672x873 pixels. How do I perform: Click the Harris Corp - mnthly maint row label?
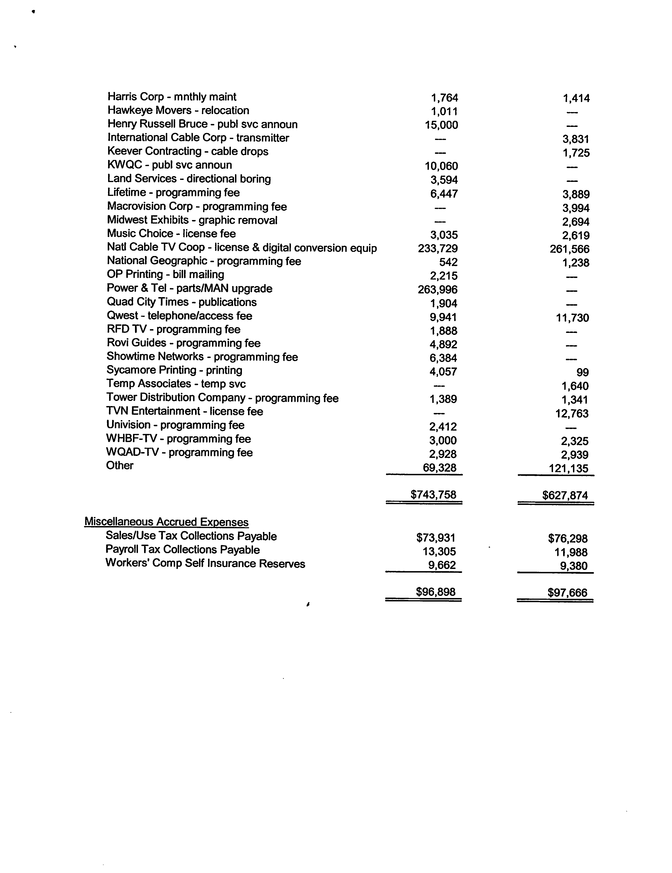tap(172, 97)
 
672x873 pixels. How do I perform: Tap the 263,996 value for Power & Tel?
tap(437, 289)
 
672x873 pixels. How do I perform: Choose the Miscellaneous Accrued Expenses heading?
tap(166, 522)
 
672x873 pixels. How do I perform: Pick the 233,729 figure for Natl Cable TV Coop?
tap(437, 249)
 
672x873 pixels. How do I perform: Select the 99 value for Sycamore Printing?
tap(582, 372)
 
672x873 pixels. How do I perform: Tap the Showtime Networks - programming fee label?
tap(202, 357)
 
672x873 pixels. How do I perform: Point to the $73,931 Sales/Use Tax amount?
tap(435, 538)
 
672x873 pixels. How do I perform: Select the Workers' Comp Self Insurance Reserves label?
tap(205, 564)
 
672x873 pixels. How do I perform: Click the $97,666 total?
tap(567, 592)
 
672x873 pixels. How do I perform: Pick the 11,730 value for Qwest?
tap(572, 318)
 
